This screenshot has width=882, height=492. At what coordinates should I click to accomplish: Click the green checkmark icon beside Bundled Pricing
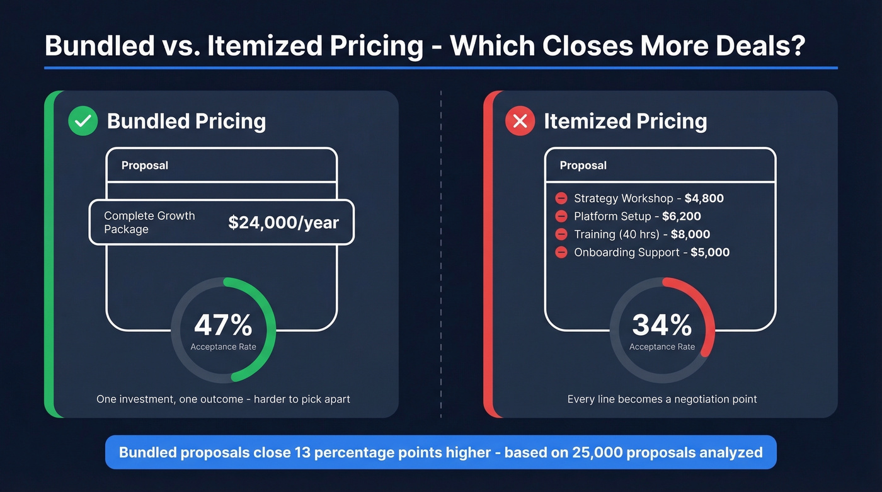[83, 121]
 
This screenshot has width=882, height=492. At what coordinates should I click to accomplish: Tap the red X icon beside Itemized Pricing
[520, 121]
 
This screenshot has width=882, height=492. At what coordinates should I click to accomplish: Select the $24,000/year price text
[283, 222]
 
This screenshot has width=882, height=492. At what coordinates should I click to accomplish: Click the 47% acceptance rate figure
[223, 326]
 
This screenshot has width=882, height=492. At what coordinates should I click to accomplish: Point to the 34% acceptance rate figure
[661, 326]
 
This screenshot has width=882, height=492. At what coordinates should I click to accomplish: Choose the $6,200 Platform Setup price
[681, 217]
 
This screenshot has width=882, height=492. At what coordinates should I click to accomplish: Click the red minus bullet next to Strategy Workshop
[561, 198]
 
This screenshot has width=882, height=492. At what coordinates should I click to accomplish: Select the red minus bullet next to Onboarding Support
[561, 253]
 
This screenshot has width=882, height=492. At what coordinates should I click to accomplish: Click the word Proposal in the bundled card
[145, 166]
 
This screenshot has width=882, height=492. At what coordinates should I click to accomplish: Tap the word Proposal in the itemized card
[583, 166]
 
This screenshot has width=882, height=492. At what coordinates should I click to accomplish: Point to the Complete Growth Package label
[149, 222]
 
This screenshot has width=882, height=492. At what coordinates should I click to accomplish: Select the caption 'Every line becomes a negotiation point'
[662, 399]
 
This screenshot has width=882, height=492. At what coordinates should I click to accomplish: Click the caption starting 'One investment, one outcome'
[223, 399]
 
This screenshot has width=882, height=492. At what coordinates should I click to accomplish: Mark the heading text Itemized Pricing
[625, 121]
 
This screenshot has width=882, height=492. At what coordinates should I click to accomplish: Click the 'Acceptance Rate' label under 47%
[223, 347]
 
